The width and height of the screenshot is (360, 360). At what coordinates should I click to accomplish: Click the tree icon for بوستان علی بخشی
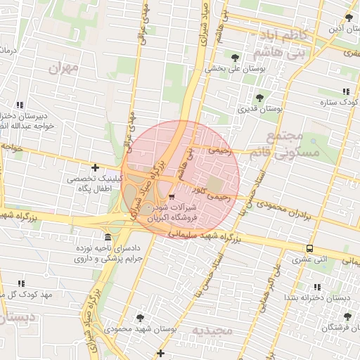coord(234,58)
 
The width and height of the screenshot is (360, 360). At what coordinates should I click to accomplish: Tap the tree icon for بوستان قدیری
coord(259,98)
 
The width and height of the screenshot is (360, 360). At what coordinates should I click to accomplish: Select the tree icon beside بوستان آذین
coord(349,18)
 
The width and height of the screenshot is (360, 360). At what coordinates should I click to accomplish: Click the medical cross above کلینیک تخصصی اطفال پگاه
coord(95,167)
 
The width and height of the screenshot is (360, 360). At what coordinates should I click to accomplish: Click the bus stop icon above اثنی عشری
coord(310,248)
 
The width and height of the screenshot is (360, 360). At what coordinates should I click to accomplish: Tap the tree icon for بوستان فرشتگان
coord(347,316)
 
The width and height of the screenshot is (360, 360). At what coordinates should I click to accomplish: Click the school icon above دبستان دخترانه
coord(317,287)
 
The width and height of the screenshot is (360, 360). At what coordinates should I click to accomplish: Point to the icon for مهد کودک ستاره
coord(346,91)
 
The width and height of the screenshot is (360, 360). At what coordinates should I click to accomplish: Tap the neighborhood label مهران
coord(62,68)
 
